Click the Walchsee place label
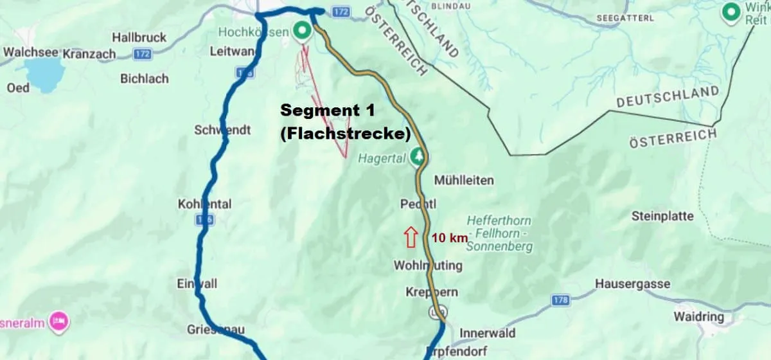coord(30,52)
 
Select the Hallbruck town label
coord(139,37)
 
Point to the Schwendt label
coord(222,130)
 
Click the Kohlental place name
coord(204,204)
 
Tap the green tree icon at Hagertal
coord(418,156)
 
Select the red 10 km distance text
coord(450,238)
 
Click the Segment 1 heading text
coord(328,110)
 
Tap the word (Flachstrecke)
coord(345,134)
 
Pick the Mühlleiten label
coord(464,181)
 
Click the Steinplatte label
coord(662,216)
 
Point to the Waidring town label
coord(698,317)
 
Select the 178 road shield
coord(561,300)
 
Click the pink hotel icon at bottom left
coord(58,319)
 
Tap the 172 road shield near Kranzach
coord(143,54)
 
